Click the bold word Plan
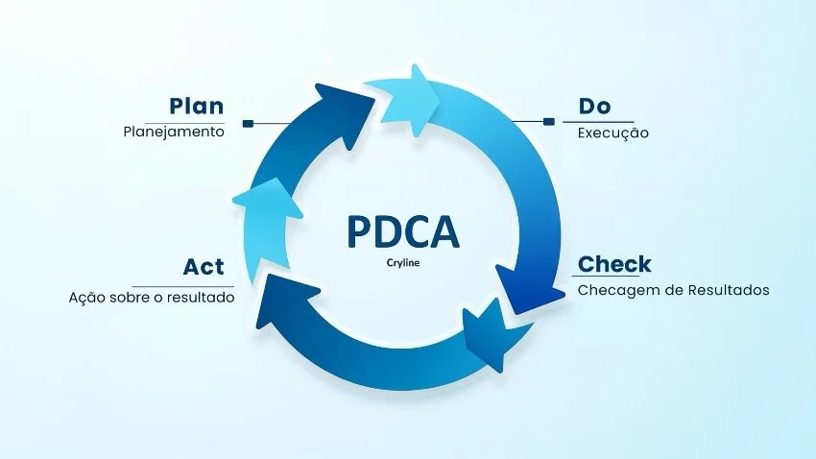(x=196, y=106)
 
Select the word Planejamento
(x=173, y=133)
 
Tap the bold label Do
(x=594, y=106)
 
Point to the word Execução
(x=612, y=133)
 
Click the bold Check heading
(x=614, y=264)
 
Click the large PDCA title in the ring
(x=402, y=233)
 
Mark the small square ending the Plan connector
(x=248, y=123)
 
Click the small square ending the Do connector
(x=549, y=122)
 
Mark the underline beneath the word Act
(x=182, y=286)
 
